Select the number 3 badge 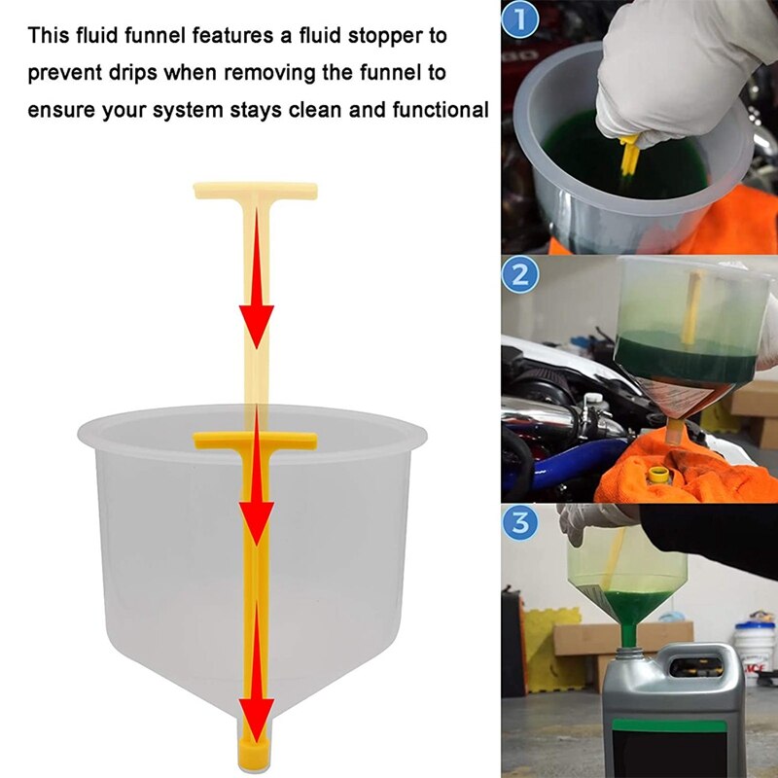(520, 524)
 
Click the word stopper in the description (400, 36)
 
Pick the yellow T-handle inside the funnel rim (255, 441)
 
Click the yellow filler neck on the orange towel (660, 477)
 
